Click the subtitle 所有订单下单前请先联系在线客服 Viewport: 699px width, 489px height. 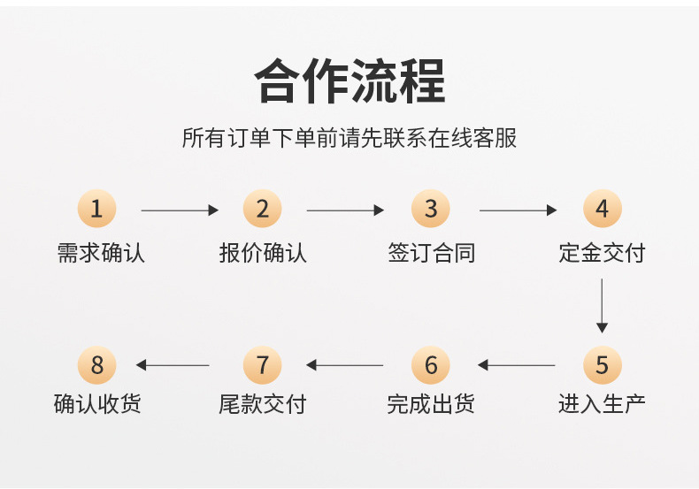[349, 139]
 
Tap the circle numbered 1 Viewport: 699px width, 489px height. [97, 210]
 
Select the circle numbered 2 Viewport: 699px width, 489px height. [262, 210]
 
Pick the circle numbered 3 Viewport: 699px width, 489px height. [431, 210]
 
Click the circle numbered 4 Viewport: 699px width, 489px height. [602, 210]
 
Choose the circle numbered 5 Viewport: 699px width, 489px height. [602, 364]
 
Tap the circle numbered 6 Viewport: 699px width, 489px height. [431, 364]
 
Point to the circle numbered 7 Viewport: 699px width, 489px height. [262, 364]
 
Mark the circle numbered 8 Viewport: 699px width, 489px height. [97, 364]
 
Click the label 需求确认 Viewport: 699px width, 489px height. [101, 254]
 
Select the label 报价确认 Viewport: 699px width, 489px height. [263, 254]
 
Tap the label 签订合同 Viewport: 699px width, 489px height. [432, 254]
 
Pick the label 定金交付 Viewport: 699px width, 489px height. [602, 254]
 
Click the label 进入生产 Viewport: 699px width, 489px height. [602, 405]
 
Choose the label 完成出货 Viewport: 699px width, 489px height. [431, 405]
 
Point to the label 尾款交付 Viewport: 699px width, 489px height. [263, 405]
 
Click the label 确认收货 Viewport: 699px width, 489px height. [97, 405]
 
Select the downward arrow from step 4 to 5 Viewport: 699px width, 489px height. [602, 305]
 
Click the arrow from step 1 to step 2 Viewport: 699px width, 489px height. [180, 210]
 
